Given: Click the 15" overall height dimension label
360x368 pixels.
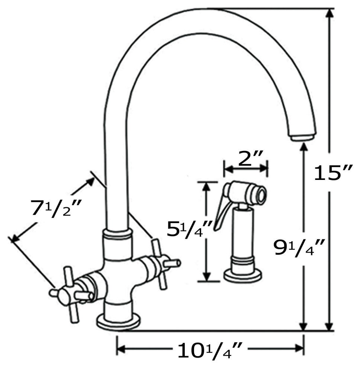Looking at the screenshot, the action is (333, 173).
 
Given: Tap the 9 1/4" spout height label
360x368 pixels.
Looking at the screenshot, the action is (299, 247).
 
